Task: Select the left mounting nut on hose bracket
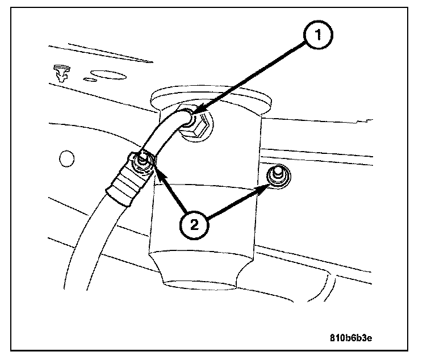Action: (140, 163)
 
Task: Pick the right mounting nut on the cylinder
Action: (277, 175)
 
